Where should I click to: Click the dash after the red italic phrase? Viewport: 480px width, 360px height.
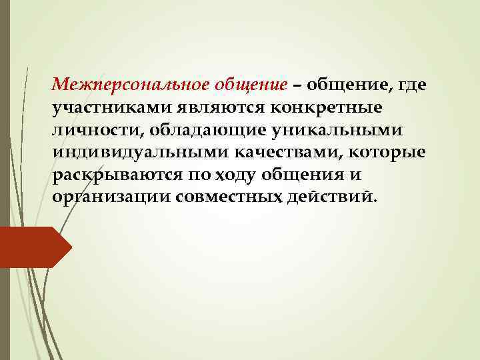(295, 87)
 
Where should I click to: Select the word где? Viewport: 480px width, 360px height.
(412, 87)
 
